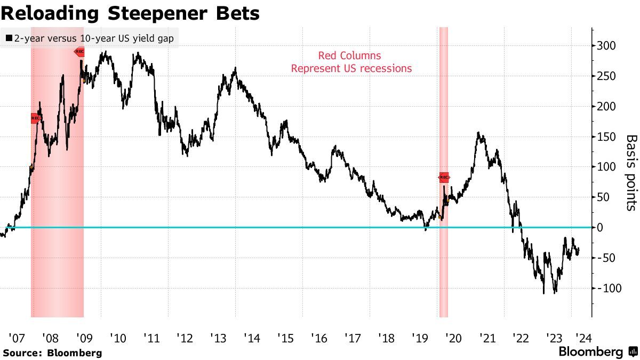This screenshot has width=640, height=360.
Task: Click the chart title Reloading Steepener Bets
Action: click(130, 13)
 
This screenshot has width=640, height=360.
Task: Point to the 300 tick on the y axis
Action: click(607, 46)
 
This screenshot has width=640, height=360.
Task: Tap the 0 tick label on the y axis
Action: click(600, 228)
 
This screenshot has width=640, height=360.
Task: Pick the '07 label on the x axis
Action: click(17, 338)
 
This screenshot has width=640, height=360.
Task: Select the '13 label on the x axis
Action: click(218, 338)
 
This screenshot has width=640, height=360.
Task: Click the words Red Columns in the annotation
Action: click(350, 55)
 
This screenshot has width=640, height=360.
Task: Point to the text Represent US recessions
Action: click(351, 68)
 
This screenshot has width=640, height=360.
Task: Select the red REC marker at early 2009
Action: click(79, 52)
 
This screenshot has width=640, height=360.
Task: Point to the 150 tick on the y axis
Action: click(607, 137)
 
